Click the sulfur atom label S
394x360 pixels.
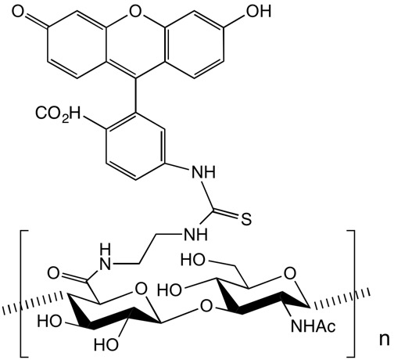[246, 219]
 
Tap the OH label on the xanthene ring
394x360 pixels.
[259, 11]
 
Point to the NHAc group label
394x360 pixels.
[313, 326]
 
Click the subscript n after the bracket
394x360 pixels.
[384, 340]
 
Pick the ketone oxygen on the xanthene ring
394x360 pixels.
[19, 12]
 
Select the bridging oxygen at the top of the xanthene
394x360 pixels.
[134, 11]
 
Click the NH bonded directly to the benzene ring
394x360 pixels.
[204, 172]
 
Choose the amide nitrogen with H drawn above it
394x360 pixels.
[105, 259]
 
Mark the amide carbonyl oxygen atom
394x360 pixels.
[53, 273]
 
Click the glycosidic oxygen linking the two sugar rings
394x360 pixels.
[206, 306]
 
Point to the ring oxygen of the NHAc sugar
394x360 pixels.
[289, 274]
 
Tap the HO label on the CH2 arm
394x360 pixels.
[193, 260]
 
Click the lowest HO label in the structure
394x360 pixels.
[106, 344]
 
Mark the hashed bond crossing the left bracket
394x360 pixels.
[34, 304]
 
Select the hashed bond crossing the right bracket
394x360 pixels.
[340, 298]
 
